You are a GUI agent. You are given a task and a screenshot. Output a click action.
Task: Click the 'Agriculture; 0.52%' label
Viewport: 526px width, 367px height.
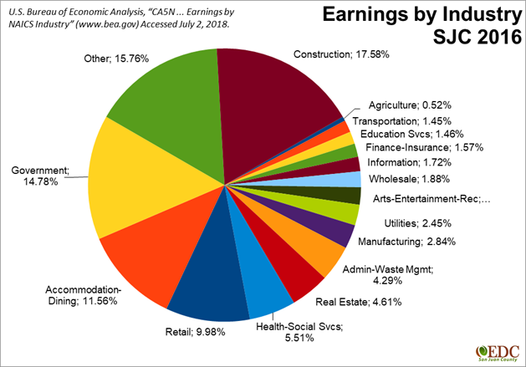411,105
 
